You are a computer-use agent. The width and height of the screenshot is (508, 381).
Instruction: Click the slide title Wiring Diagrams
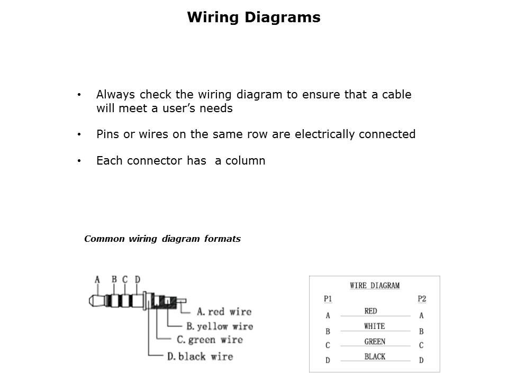tap(253, 17)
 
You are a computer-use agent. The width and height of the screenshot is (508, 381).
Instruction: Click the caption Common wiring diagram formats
tap(162, 239)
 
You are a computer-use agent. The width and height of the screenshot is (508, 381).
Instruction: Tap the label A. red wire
tap(224, 312)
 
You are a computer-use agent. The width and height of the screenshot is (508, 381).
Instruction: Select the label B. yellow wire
tap(220, 326)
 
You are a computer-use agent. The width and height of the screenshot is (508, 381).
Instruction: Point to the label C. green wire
tap(210, 340)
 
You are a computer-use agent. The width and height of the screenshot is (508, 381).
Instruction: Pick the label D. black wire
tap(200, 356)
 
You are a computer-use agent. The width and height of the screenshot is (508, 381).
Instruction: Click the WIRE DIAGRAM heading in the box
tap(375, 285)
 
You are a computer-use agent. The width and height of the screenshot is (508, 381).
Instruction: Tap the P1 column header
tap(328, 299)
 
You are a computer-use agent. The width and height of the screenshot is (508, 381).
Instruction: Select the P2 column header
tap(422, 299)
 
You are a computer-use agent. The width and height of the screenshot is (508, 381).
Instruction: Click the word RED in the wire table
tap(371, 311)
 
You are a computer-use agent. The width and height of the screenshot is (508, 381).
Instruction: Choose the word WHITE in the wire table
tap(375, 326)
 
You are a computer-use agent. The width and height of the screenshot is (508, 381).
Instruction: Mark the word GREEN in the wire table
tap(375, 341)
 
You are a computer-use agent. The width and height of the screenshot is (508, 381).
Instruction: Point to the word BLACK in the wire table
tap(375, 357)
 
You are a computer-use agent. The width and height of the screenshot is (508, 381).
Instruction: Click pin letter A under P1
tap(328, 316)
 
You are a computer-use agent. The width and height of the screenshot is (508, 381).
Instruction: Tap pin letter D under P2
tap(422, 360)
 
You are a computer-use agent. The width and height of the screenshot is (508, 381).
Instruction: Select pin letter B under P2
tap(422, 332)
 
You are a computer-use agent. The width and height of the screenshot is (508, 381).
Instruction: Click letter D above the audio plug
tap(138, 279)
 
